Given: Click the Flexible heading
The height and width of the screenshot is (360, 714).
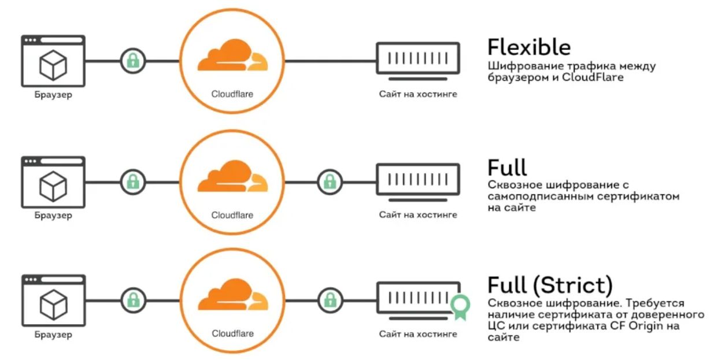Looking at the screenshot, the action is tap(529, 47).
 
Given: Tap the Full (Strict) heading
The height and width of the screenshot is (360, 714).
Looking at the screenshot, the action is tap(550, 284).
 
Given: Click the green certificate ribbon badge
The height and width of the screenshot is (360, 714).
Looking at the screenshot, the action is tap(460, 307).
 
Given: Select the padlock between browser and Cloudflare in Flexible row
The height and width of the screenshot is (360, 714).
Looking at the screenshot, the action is tap(133, 61).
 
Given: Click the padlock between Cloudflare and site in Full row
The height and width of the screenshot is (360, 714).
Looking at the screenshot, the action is tap(330, 182).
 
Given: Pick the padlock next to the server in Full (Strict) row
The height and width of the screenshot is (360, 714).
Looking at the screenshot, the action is tap(331, 300).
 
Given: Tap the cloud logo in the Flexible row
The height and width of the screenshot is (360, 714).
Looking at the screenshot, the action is tap(232, 55).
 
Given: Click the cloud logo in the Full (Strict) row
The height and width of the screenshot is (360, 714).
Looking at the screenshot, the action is tap(233, 294).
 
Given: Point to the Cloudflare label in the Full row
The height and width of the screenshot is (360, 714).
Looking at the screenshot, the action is tap(232, 215).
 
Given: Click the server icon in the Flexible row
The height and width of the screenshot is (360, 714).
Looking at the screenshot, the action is tap(418, 61).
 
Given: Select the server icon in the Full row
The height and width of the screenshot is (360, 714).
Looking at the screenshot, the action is tap(418, 182).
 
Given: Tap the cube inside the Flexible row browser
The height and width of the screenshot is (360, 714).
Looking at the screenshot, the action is tap(53, 65).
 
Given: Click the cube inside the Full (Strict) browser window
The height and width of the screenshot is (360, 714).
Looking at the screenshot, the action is tap(54, 305).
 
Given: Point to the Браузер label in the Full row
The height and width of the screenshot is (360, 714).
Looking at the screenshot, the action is tap(53, 216).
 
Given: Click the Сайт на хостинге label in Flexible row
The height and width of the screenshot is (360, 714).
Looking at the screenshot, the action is tap(418, 94).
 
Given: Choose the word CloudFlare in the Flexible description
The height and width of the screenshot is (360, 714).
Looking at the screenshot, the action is tap(593, 77).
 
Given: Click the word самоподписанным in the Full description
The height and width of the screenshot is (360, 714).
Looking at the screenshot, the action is tap(539, 196).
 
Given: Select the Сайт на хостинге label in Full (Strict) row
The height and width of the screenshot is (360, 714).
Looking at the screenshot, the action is tap(418, 334).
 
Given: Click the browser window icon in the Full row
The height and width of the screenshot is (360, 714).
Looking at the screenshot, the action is tap(53, 182).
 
